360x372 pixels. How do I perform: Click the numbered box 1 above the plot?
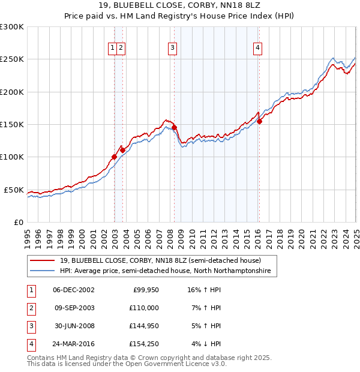[x=113, y=49]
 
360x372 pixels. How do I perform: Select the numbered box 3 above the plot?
[x=172, y=49]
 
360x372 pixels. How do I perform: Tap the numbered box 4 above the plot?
[x=257, y=49]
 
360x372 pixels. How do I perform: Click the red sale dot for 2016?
[x=260, y=122]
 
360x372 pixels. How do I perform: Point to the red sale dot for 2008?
[x=174, y=128]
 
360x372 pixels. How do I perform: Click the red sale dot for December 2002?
[x=114, y=157]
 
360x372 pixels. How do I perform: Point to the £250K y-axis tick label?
[x=12, y=59]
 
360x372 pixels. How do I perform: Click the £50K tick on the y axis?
[x=14, y=190]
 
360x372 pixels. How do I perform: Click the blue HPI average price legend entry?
[x=165, y=271]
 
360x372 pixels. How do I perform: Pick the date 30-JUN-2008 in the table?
[x=74, y=326]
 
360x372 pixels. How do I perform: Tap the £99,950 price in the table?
[x=145, y=290]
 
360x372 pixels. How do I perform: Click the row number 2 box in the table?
[x=31, y=308]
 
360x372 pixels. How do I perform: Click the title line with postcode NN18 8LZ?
[x=180, y=6]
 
